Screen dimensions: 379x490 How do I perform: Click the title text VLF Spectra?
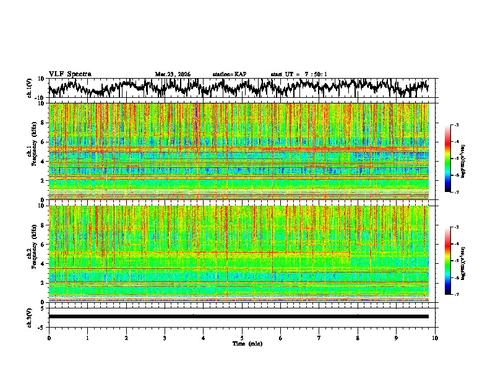(x=70, y=74)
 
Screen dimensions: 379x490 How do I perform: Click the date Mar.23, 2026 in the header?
(x=173, y=74)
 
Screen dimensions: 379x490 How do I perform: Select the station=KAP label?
(x=229, y=74)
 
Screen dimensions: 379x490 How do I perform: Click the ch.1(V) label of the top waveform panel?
(x=30, y=88)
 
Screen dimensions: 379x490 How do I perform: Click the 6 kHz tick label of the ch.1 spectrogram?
(x=43, y=142)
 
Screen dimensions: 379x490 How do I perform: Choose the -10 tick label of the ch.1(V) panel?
(x=40, y=98)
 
